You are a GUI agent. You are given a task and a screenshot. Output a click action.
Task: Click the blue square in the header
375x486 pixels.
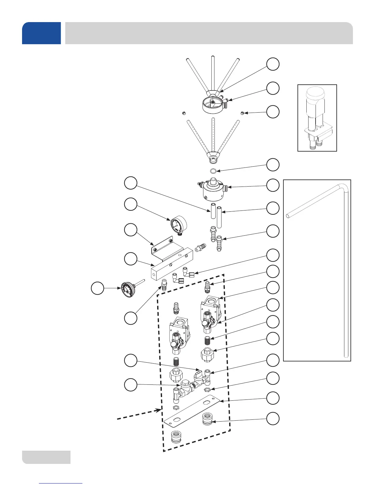coord(41,33)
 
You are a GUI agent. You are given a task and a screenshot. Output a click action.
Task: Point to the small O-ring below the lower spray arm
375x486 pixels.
coord(213,171)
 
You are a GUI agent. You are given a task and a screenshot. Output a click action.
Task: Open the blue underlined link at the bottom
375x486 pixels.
coord(61,483)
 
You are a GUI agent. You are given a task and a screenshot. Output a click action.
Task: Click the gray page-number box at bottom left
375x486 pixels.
coord(46,457)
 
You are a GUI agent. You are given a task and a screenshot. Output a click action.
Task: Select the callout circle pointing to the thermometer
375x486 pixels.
coord(98,288)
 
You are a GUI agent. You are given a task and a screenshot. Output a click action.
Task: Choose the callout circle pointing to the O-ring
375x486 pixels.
coord(272,165)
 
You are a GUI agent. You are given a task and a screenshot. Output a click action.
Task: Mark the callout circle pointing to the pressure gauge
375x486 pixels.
coord(131,204)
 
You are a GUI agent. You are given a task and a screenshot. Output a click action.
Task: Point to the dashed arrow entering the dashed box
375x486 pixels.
coord(138,414)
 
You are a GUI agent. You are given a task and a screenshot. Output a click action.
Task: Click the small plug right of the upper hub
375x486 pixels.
coord(242,114)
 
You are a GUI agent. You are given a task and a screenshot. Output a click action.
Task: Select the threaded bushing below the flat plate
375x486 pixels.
coord(176,437)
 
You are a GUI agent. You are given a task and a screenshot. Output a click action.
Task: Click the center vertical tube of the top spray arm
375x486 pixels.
coord(213,74)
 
